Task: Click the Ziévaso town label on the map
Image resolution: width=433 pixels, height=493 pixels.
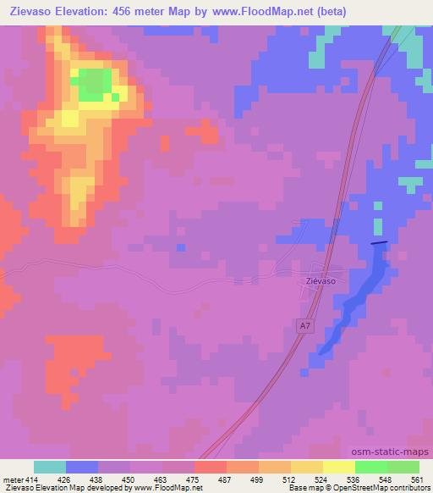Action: pyautogui.click(x=321, y=280)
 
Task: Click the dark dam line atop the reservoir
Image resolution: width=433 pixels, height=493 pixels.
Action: pyautogui.click(x=380, y=243)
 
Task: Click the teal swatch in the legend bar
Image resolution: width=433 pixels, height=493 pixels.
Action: pyautogui.click(x=50, y=467)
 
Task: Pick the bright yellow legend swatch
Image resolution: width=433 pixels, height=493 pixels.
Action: pyautogui.click(x=339, y=467)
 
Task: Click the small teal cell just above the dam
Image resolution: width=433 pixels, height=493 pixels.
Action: pyautogui.click(x=378, y=204)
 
